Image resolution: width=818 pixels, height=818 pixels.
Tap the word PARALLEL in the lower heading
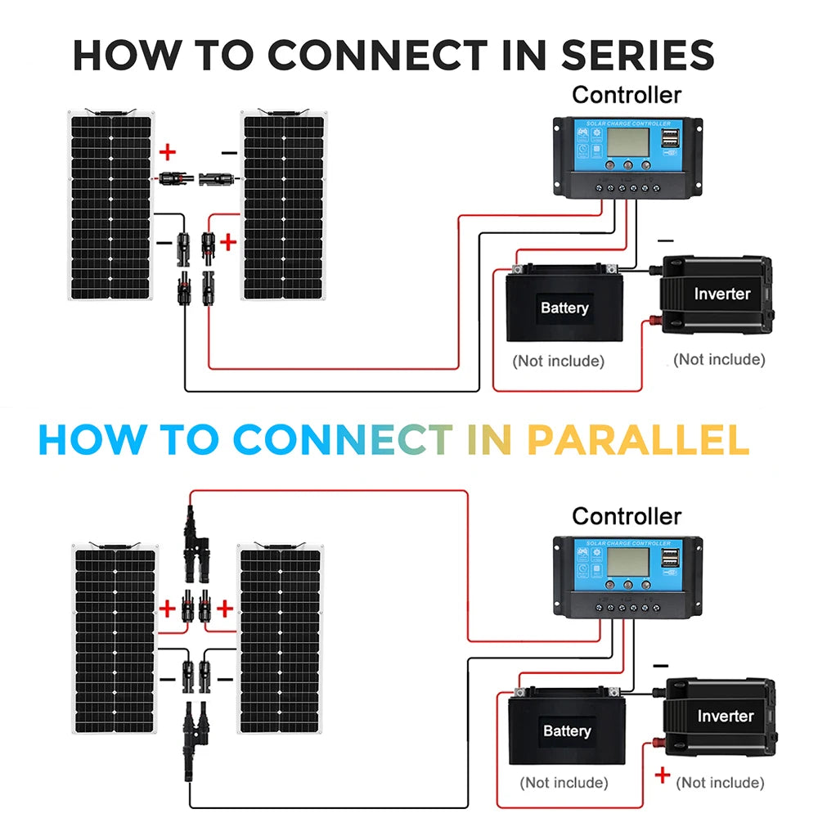tap(637, 440)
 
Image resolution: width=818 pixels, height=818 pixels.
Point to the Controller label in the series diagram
tap(627, 95)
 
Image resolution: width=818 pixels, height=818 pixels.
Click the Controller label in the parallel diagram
tap(627, 516)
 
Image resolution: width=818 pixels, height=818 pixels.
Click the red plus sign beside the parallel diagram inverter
tap(662, 775)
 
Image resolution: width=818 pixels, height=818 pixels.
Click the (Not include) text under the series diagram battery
tap(558, 361)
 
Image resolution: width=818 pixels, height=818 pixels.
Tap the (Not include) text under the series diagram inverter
tap(719, 359)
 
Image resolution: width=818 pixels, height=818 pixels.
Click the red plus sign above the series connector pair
tap(168, 151)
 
